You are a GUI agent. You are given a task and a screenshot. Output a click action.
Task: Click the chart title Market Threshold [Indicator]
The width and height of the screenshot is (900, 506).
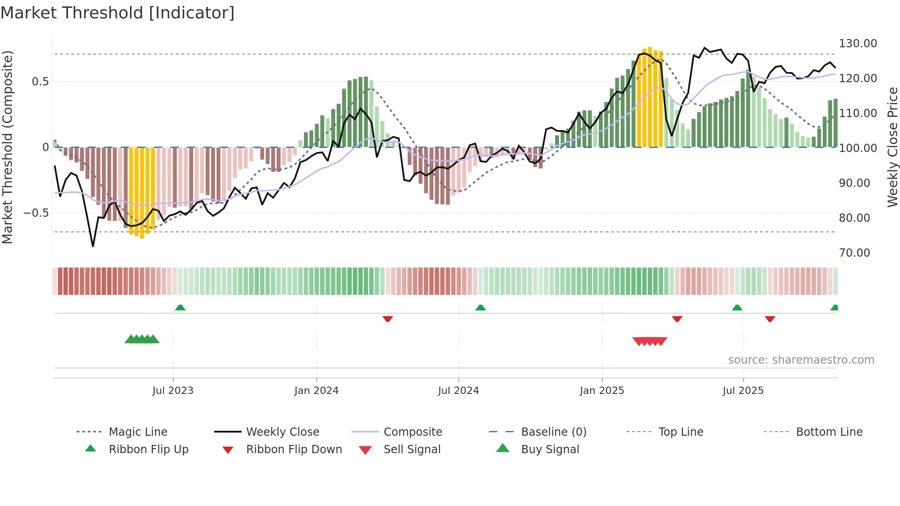[118, 13]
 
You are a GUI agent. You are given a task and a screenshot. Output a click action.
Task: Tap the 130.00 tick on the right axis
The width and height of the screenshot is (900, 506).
[857, 44]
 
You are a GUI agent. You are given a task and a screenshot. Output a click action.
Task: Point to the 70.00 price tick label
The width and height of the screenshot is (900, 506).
[854, 253]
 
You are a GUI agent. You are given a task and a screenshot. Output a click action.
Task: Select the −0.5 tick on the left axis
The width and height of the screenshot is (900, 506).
[36, 213]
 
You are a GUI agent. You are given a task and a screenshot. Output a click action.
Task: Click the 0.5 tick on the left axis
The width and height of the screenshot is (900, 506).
[40, 82]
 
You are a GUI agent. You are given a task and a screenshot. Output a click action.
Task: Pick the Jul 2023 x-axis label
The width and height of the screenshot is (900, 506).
[173, 391]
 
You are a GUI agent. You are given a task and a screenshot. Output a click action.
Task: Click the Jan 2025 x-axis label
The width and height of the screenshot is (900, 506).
[602, 391]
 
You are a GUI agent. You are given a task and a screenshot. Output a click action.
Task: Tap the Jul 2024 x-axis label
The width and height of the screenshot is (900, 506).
[458, 391]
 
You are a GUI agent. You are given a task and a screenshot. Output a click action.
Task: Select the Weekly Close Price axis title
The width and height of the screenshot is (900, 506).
[892, 147]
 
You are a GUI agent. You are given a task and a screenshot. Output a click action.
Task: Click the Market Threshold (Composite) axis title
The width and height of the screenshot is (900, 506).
[7, 147]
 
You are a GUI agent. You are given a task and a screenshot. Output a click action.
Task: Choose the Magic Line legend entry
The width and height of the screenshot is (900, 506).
[138, 432]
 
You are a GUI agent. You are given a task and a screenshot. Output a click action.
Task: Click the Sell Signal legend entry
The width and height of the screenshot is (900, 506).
[411, 450]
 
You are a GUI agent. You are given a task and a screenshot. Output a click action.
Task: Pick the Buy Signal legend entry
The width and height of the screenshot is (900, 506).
[550, 450]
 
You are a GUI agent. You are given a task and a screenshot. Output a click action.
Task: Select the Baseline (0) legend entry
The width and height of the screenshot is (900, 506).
[553, 432]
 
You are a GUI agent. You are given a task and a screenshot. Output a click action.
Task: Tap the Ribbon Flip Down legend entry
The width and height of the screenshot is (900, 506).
[293, 450]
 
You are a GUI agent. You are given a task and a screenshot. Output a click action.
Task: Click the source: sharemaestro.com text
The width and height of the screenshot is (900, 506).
[801, 360]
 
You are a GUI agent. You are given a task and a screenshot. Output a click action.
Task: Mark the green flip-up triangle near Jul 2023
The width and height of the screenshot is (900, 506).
[180, 308]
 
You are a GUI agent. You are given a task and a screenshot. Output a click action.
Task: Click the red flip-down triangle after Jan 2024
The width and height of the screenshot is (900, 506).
[388, 318]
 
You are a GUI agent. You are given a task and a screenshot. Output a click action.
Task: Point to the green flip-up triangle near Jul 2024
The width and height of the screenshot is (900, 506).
[480, 308]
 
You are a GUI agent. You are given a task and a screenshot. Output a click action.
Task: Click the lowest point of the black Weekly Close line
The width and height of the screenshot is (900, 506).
[93, 246]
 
